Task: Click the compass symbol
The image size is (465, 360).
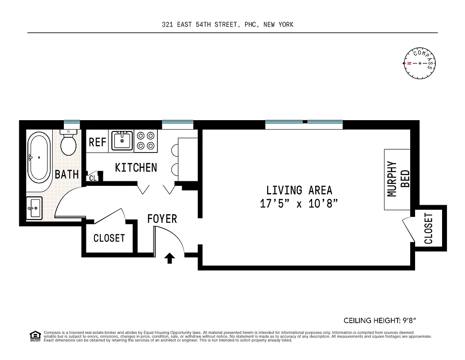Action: click(x=420, y=63)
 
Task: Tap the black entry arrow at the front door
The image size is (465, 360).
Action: click(x=170, y=258)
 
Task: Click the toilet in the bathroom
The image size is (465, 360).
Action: click(x=68, y=143)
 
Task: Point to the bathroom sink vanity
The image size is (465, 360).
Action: click(x=34, y=208)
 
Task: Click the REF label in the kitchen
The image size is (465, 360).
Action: click(x=97, y=142)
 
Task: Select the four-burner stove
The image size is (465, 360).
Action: click(x=146, y=140)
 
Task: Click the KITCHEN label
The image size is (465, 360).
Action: click(x=136, y=167)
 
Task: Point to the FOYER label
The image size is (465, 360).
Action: click(x=162, y=219)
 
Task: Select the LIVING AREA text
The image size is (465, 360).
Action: click(x=299, y=190)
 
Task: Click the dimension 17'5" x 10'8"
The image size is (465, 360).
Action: click(x=299, y=203)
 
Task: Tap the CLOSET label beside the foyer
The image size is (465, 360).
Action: click(x=109, y=238)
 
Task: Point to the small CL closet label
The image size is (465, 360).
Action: click(x=93, y=178)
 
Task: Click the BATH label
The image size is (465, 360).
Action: click(x=67, y=174)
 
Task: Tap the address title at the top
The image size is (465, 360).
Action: click(x=228, y=25)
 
